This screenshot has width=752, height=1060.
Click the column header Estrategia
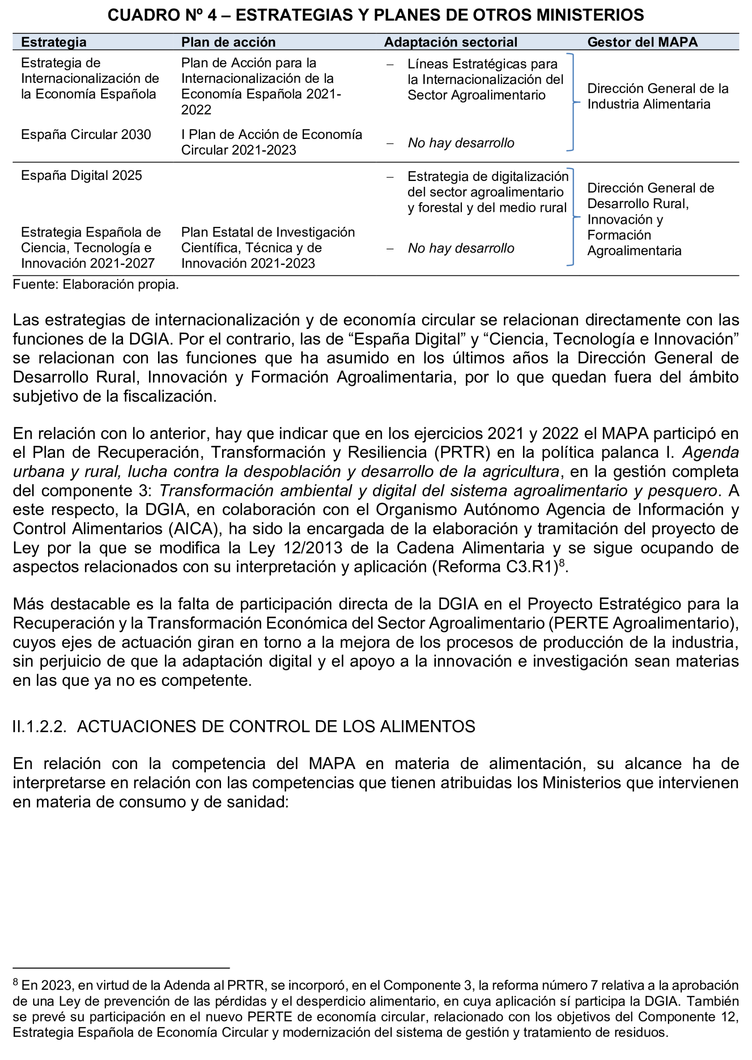pos(54,42)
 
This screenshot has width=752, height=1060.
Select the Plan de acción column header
pos(228,42)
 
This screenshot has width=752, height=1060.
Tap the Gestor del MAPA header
pos(642,42)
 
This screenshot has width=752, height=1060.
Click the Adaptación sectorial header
pos(450,42)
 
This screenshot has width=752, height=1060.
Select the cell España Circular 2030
pos(86,134)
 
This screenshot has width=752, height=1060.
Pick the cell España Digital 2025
pos(81,176)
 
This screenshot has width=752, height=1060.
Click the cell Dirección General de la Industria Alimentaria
pos(658,96)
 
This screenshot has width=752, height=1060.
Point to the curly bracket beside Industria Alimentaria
pos(573,102)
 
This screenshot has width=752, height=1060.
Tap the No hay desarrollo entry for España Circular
pos(461,143)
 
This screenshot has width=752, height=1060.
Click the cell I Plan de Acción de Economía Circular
pos(271,142)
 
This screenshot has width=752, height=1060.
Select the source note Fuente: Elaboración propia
pos(95,284)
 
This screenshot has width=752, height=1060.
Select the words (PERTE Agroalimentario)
pos(643,623)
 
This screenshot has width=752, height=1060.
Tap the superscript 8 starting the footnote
pos(15,981)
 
